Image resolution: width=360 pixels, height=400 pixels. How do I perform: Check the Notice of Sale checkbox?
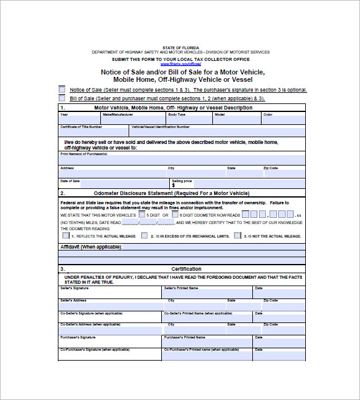coord(62,89)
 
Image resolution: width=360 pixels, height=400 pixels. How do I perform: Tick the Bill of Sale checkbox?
coord(62,98)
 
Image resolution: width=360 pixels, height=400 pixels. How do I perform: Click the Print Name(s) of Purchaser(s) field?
coord(182,160)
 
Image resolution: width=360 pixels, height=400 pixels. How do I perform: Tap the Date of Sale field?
coord(114,184)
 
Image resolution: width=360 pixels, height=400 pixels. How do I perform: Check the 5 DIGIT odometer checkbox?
coord(142,215)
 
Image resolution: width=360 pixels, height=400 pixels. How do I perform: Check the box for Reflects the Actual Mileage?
coord(65,235)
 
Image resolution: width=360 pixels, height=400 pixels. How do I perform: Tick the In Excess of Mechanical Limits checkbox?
coord(144,235)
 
